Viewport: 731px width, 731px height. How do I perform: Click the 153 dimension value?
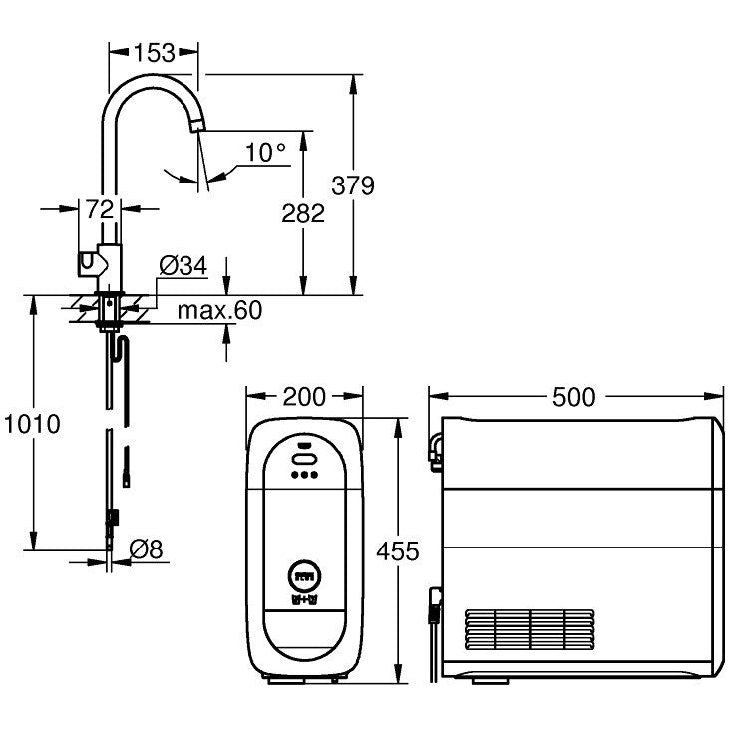pyautogui.click(x=153, y=52)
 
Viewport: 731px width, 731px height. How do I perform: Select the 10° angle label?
pyautogui.click(x=265, y=153)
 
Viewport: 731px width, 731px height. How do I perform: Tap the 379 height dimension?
pyautogui.click(x=353, y=185)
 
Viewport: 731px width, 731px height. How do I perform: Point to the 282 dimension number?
pyautogui.click(x=303, y=212)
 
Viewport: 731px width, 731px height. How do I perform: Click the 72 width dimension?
pyautogui.click(x=98, y=208)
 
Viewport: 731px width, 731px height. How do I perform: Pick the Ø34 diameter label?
pyautogui.click(x=183, y=266)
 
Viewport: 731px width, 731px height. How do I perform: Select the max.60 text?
pyautogui.click(x=219, y=310)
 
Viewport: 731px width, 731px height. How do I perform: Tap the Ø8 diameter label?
pyautogui.click(x=147, y=547)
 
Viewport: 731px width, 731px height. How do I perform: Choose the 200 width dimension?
pyautogui.click(x=303, y=397)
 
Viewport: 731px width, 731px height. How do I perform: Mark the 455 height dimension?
pyautogui.click(x=398, y=550)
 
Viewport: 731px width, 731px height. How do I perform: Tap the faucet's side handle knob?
pyautogui.click(x=89, y=264)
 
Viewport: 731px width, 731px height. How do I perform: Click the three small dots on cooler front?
pyautogui.click(x=303, y=476)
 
